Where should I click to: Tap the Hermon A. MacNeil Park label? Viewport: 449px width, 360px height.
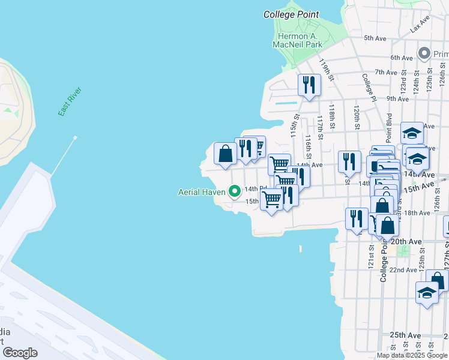297,40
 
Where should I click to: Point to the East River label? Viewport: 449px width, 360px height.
70,102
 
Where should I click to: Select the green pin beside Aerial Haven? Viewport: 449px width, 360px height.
235,192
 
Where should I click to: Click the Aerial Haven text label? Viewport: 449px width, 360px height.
202,192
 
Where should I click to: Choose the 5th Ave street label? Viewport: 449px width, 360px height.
376,38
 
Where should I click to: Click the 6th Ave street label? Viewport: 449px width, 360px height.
402,58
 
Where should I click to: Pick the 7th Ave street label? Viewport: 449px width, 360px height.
386,72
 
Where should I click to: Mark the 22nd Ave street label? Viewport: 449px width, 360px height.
403,270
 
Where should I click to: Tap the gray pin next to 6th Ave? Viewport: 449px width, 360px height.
425,53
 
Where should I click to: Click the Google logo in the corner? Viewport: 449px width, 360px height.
20,353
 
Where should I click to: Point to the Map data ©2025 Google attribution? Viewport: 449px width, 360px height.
412,355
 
